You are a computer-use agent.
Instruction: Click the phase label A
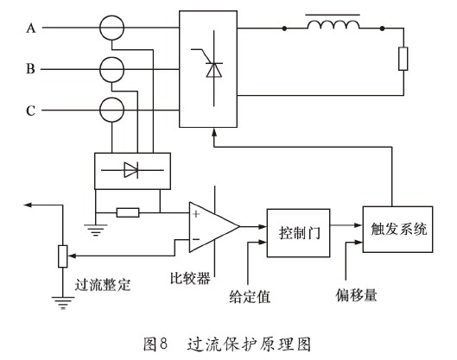[31, 28]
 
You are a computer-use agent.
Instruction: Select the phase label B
[31, 68]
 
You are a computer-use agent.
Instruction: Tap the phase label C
[31, 110]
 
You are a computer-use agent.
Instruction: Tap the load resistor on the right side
[403, 60]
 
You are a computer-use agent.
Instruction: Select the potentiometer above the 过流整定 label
[61, 256]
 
